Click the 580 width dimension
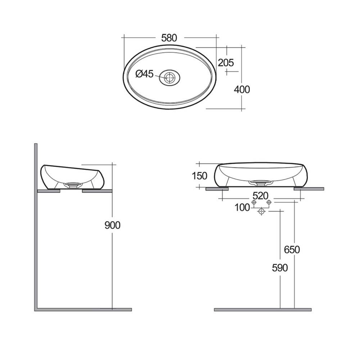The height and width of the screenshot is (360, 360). (x=169, y=38)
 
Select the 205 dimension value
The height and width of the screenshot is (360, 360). (x=226, y=62)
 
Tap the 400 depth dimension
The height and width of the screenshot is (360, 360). (x=242, y=89)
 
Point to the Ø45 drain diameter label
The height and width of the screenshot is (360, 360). (x=144, y=74)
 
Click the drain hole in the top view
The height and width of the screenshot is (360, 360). (x=169, y=77)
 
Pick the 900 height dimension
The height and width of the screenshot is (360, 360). (x=112, y=225)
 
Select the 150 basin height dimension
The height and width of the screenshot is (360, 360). (x=199, y=176)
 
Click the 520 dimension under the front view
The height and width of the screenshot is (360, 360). (x=260, y=196)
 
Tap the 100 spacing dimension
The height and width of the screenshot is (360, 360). (x=242, y=207)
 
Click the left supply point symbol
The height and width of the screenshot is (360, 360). (x=254, y=203)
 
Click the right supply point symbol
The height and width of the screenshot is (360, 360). (x=268, y=203)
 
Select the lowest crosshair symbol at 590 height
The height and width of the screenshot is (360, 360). (x=261, y=212)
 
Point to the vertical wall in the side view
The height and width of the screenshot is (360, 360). (x=36, y=227)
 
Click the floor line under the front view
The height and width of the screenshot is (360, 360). (x=263, y=309)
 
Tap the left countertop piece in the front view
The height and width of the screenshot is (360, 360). (x=217, y=189)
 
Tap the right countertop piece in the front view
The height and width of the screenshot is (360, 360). (x=309, y=189)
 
